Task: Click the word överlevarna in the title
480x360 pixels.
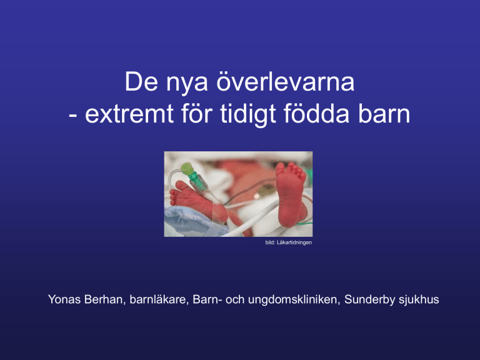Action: pyautogui.click(x=285, y=81)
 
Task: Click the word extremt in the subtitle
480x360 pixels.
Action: pyautogui.click(x=129, y=114)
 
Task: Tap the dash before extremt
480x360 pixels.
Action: pyautogui.click(x=73, y=116)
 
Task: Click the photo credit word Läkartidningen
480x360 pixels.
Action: pyautogui.click(x=294, y=242)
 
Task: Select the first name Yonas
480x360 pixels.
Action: pyautogui.click(x=64, y=299)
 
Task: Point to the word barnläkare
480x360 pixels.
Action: pyautogui.click(x=159, y=299)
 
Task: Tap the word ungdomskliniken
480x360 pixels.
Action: pyautogui.click(x=294, y=299)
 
